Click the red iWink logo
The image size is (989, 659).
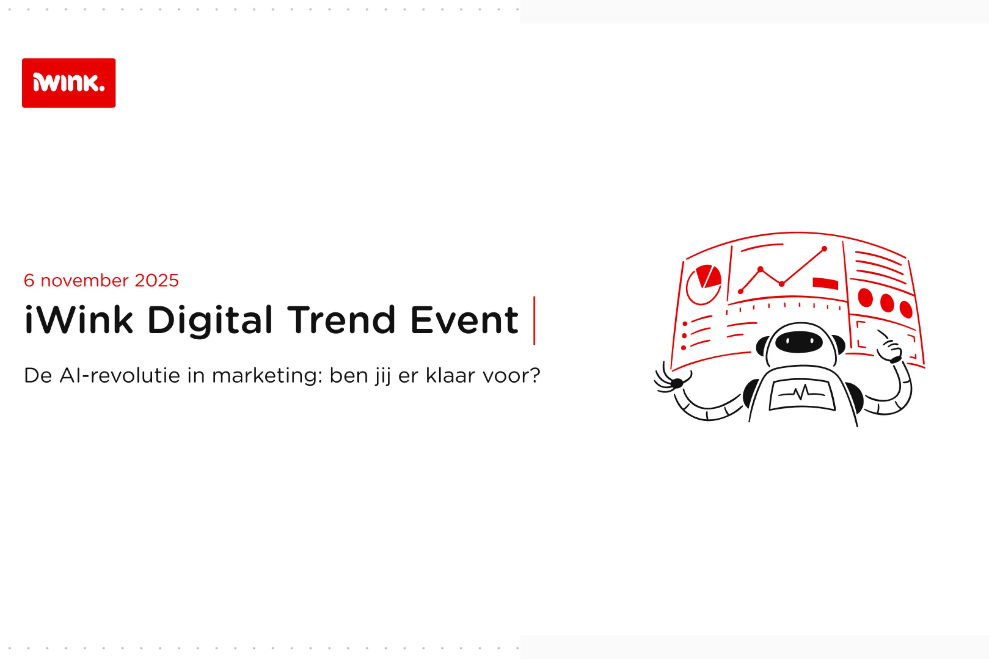(x=68, y=83)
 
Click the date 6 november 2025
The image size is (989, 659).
(x=101, y=281)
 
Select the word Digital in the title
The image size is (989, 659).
(x=210, y=321)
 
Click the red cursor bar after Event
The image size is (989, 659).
(x=534, y=320)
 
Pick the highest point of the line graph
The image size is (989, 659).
(x=824, y=249)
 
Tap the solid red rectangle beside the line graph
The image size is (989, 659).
(x=825, y=283)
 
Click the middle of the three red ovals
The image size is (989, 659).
(x=887, y=303)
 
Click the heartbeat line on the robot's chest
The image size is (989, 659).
(x=802, y=393)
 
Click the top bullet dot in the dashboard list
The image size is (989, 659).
(x=685, y=324)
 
